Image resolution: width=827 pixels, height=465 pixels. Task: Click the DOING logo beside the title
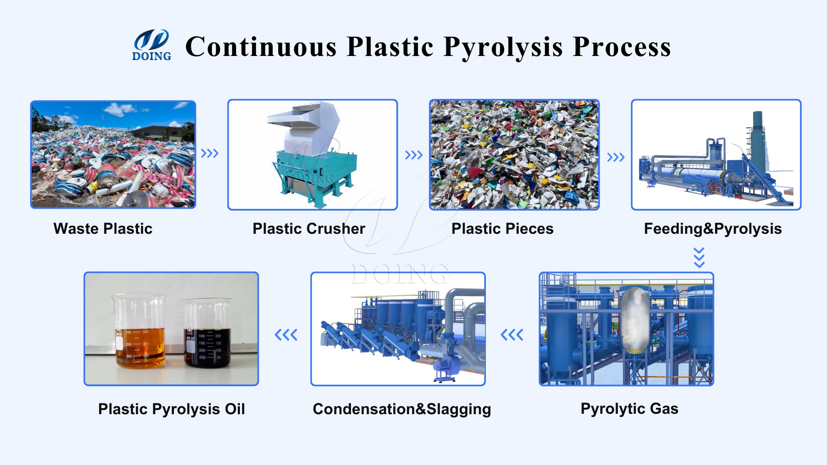tap(151, 45)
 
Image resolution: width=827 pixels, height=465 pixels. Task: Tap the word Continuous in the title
tap(261, 46)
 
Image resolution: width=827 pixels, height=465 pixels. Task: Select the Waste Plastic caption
tap(103, 229)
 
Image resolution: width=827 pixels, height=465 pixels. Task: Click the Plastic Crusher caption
tap(309, 229)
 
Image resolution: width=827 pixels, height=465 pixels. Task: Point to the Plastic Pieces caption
tap(502, 229)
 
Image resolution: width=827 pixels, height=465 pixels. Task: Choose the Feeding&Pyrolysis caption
tap(712, 229)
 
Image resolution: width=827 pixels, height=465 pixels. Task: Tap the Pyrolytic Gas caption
tap(629, 409)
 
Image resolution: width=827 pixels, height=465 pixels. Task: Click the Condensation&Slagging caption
tap(401, 409)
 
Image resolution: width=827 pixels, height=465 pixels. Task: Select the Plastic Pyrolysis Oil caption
tap(171, 409)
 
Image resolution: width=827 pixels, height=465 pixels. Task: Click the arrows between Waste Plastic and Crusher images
tap(210, 153)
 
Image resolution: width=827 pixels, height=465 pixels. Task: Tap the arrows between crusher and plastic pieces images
tap(413, 155)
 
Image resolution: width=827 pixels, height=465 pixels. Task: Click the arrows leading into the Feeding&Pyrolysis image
tap(616, 157)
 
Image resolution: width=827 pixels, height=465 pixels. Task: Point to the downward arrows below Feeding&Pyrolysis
tap(699, 257)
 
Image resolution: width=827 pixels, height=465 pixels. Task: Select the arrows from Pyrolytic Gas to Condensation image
tap(512, 335)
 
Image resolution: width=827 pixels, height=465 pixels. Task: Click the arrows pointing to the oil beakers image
tap(286, 335)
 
